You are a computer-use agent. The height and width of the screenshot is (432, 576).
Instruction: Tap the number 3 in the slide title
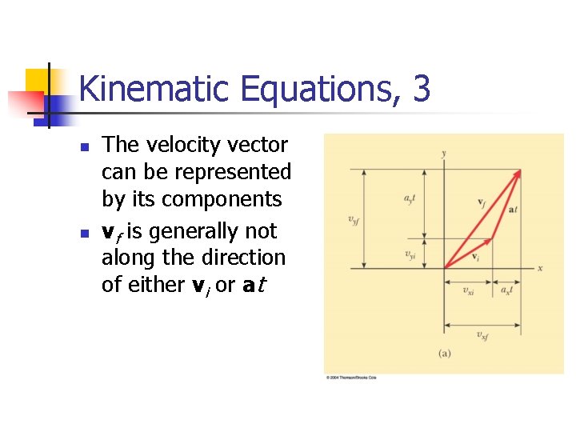coord(422,89)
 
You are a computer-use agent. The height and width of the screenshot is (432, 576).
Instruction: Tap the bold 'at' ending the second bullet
coord(254,285)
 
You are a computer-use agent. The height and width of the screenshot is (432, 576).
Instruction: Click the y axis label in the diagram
coord(444,153)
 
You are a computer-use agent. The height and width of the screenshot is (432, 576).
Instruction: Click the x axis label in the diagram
coord(540,268)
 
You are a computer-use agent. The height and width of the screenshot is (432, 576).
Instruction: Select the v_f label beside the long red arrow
coord(481,202)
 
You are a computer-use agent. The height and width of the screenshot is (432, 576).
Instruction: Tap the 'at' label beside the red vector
coord(513,210)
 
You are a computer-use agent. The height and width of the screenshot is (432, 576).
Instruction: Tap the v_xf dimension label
coord(482,335)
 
